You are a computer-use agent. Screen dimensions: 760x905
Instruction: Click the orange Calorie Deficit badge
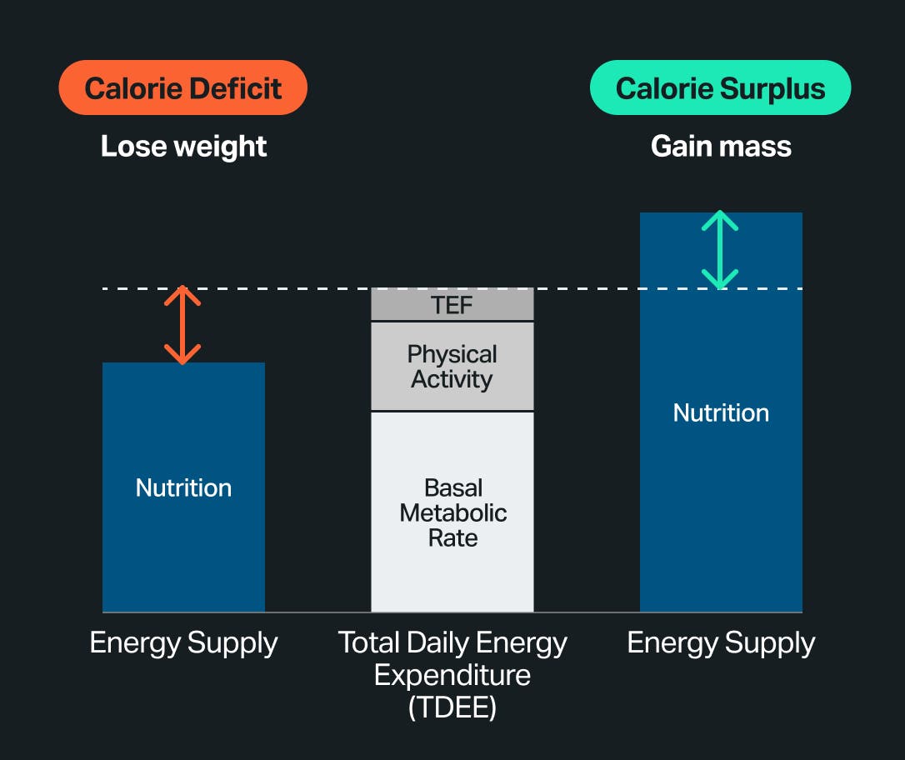pos(182,87)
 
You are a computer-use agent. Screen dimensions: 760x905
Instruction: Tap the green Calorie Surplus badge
pos(720,87)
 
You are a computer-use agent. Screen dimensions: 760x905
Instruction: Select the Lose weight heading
pos(183,147)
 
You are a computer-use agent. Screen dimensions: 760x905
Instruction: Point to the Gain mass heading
pos(721,147)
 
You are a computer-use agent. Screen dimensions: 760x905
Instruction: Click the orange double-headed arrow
pos(182,325)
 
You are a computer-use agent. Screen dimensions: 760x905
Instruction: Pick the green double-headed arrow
pos(720,250)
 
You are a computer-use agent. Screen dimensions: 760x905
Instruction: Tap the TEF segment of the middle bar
pos(452,305)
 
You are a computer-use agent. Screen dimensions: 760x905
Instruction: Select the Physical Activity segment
pos(452,367)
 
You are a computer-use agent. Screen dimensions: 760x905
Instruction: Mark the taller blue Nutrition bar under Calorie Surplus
pos(721,500)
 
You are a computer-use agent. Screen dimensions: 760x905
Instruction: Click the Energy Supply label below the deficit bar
pos(183,643)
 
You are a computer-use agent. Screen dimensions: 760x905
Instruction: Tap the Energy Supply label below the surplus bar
pos(721,643)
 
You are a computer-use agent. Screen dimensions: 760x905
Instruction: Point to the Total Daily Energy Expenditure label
pos(452,658)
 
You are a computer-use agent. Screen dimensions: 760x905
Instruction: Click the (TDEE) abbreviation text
pos(452,707)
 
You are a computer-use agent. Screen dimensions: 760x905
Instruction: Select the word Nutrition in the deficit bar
pos(183,487)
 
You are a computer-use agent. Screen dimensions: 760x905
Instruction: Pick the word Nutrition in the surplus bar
pos(721,412)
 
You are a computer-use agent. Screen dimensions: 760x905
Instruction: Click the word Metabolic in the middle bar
pos(453,512)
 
